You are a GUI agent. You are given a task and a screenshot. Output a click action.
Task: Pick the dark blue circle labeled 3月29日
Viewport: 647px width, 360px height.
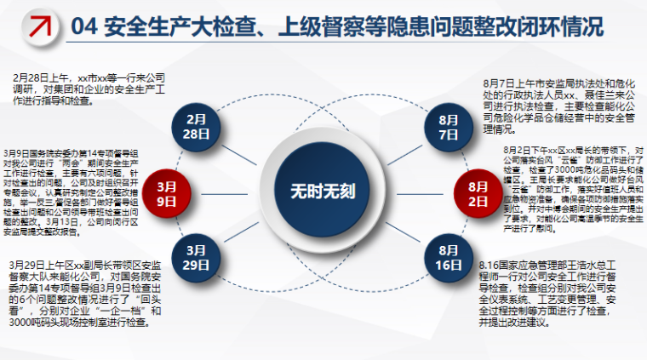(x=197, y=257)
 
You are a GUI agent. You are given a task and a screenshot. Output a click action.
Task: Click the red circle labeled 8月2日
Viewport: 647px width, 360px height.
(x=474, y=191)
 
